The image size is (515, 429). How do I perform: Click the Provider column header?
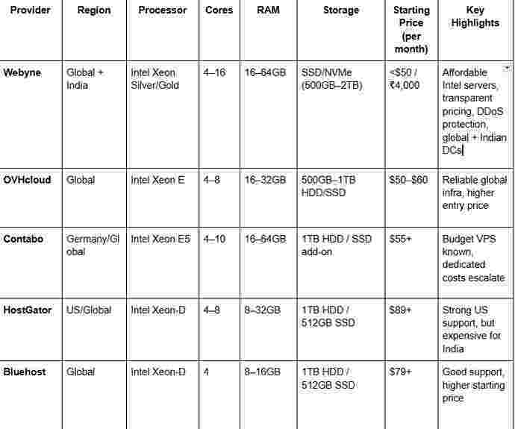(30, 10)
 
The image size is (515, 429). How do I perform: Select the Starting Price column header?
(411, 30)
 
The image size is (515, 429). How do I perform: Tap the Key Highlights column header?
(475, 17)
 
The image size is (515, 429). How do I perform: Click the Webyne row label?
(23, 72)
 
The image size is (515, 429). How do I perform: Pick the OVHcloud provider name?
(28, 180)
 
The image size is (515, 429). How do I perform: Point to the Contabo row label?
(23, 239)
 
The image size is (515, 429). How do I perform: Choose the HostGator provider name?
(28, 310)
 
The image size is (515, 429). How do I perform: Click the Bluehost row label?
(25, 371)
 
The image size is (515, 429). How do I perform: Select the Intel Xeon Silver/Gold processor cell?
(155, 79)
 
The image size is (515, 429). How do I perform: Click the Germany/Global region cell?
(93, 245)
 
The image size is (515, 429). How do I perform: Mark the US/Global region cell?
(88, 310)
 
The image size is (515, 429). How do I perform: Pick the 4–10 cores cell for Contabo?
(216, 239)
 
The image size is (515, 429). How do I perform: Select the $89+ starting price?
(401, 310)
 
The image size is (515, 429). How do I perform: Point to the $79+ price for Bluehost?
(401, 371)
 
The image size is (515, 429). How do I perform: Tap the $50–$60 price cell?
(409, 180)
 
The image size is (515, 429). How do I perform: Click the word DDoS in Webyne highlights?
(499, 111)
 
